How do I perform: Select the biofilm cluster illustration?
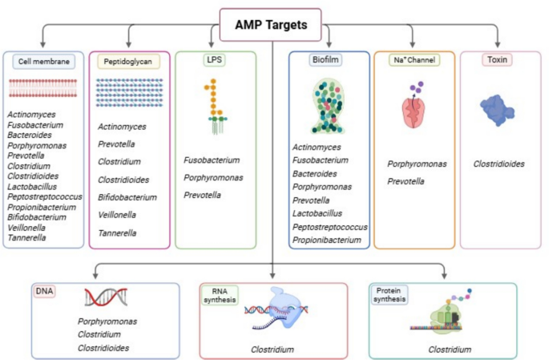pyautogui.click(x=329, y=105)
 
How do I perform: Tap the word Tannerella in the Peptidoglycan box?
pyautogui.click(x=117, y=233)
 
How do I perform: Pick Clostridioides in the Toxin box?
pyautogui.click(x=499, y=164)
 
